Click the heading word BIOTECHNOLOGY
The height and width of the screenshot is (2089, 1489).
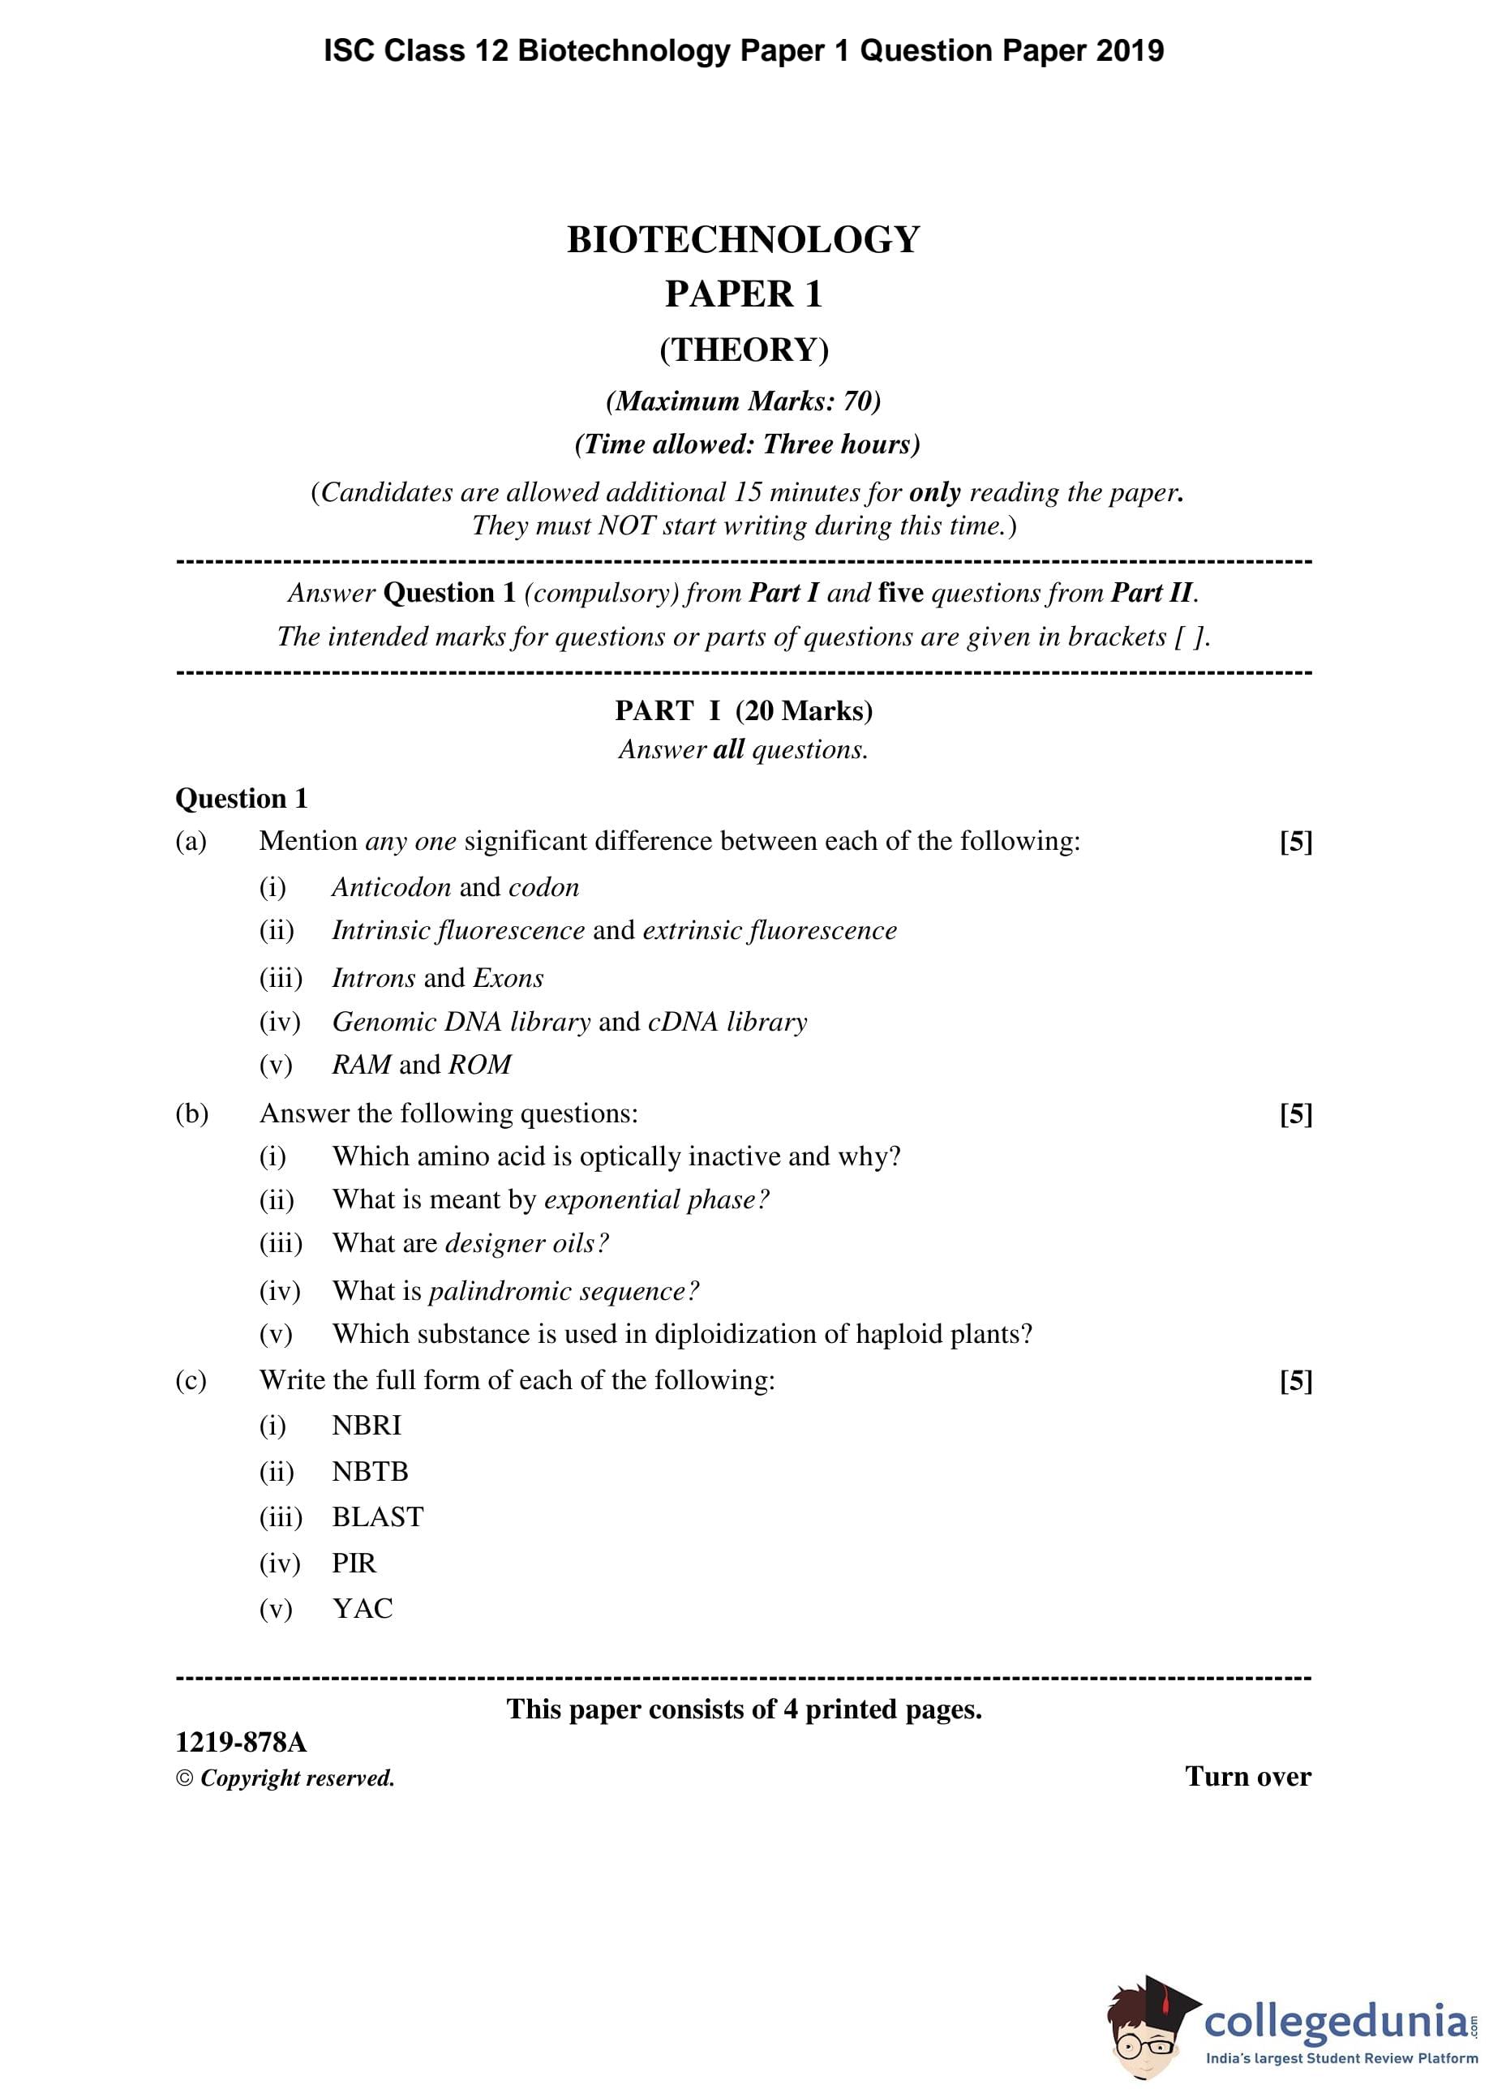click(743, 240)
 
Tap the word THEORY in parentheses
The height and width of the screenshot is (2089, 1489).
click(744, 350)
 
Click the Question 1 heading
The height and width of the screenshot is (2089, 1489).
click(241, 799)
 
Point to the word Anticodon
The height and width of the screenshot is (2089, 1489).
click(392, 887)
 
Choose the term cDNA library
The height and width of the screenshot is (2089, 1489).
click(727, 1021)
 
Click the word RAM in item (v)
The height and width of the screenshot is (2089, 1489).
click(361, 1064)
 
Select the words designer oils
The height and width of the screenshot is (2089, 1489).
click(526, 1243)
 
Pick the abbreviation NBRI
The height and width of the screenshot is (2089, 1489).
click(367, 1426)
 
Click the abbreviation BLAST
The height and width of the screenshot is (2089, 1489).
click(378, 1517)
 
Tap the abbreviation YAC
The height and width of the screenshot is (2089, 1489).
click(363, 1609)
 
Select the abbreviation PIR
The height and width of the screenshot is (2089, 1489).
click(354, 1563)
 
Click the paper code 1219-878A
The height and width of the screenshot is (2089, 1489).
click(241, 1743)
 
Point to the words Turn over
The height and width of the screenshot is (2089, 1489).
click(1248, 1777)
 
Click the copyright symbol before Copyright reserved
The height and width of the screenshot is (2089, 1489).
click(185, 1779)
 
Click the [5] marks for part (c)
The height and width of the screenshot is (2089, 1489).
click(1295, 1380)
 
